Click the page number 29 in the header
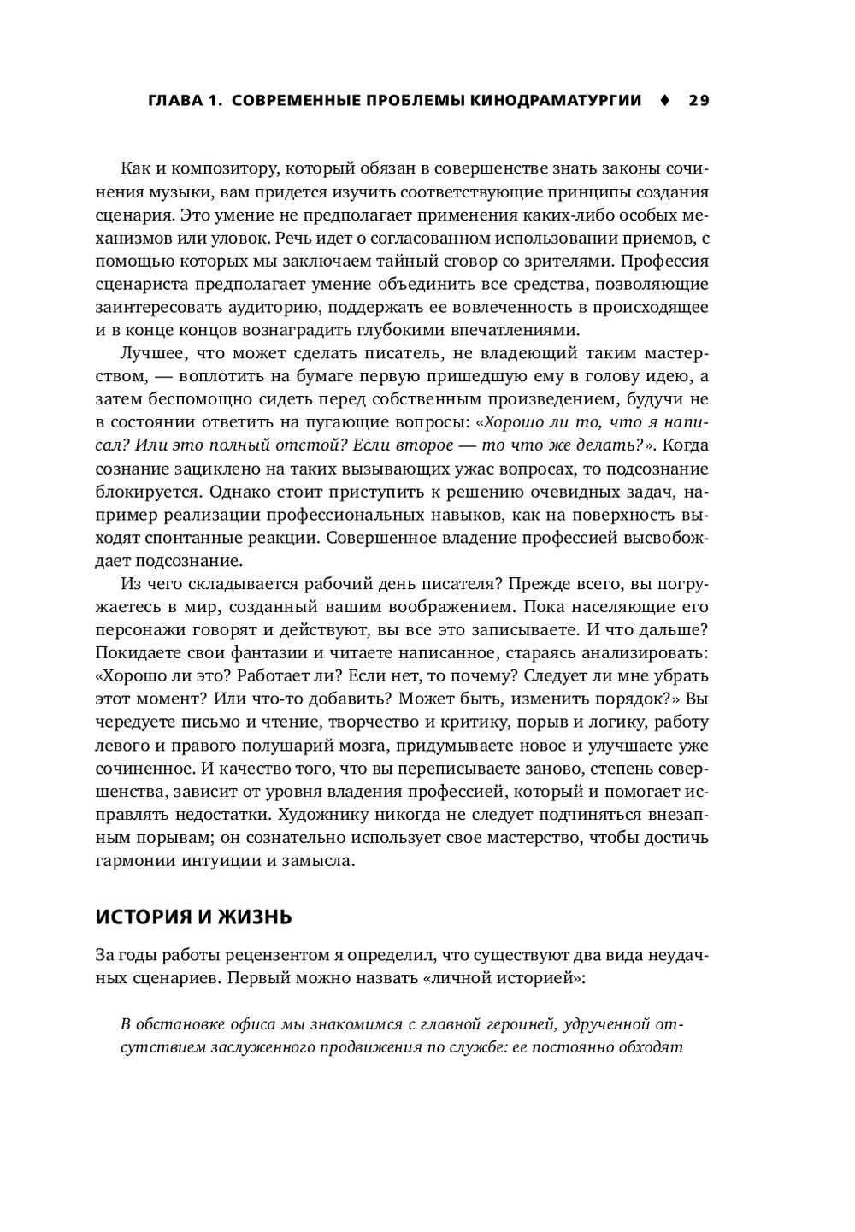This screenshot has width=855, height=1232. (x=699, y=101)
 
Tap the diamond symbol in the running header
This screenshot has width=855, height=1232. (x=664, y=101)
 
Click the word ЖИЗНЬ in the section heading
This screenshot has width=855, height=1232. (x=254, y=917)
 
